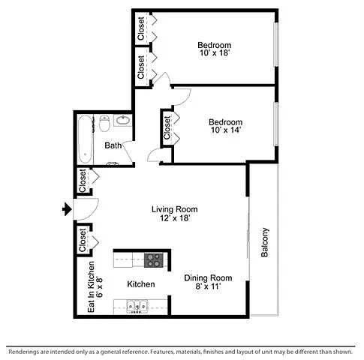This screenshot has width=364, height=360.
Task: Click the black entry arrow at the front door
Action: pos(67,209)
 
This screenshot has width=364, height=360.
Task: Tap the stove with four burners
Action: pos(154,260)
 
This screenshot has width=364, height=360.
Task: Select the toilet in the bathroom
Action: pos(104,123)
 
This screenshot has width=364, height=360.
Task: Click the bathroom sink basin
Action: pos(123,121)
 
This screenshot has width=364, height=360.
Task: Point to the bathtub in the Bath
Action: pos(85,139)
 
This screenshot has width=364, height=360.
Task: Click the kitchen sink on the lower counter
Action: pos(137,306)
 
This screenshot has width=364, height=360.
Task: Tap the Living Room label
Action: pos(175,209)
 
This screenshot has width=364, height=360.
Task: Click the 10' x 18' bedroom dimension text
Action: pos(215,53)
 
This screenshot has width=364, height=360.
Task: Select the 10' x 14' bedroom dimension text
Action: pos(226,130)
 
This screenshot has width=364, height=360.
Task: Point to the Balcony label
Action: pos(265,242)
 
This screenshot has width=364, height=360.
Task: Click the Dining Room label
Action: pos(208,277)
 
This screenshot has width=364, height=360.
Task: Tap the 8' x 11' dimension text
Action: pos(208,286)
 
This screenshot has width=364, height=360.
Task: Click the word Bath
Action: pos(113,145)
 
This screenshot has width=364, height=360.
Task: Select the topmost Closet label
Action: pos(141,28)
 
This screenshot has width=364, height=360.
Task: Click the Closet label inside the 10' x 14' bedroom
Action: pos(167,128)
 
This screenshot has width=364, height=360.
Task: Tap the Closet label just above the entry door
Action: pos(83,181)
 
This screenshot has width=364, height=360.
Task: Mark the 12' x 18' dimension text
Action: pos(175,218)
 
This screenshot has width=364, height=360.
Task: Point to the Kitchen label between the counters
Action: pos(141,284)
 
